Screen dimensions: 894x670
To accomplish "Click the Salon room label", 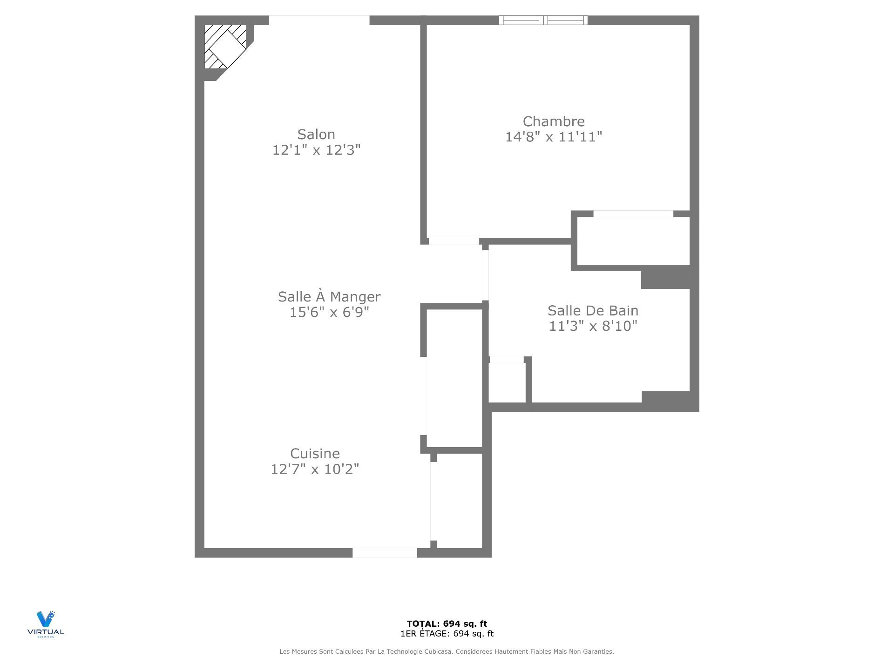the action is [316, 134].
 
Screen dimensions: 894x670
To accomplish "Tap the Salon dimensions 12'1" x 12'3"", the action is [316, 150].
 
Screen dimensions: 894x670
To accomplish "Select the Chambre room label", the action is [554, 121].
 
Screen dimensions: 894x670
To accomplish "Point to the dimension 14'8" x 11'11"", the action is [554, 137].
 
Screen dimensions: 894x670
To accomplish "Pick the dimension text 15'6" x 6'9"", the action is [329, 312].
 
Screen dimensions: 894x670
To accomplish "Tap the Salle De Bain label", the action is [593, 310].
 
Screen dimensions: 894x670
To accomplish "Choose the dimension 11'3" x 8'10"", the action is [593, 326].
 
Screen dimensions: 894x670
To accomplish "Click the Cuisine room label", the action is [315, 453].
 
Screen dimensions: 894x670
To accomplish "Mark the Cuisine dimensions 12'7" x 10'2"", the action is [315, 469].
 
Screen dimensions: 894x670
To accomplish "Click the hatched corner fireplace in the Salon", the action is [225, 47].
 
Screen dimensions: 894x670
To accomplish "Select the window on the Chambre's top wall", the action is [543, 20].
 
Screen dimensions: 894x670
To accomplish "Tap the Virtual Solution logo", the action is [46, 624].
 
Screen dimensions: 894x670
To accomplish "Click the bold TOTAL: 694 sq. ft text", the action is [447, 624].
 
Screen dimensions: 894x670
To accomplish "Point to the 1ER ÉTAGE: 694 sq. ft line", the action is [447, 634].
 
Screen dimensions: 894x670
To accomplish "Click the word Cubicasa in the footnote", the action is [438, 652].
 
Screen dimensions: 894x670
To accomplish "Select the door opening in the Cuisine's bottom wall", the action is [385, 553].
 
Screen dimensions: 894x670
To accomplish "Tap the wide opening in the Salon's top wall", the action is [319, 20].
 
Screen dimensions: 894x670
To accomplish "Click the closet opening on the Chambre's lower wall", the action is [633, 214].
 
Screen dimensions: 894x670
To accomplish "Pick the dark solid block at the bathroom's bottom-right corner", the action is [666, 397].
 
